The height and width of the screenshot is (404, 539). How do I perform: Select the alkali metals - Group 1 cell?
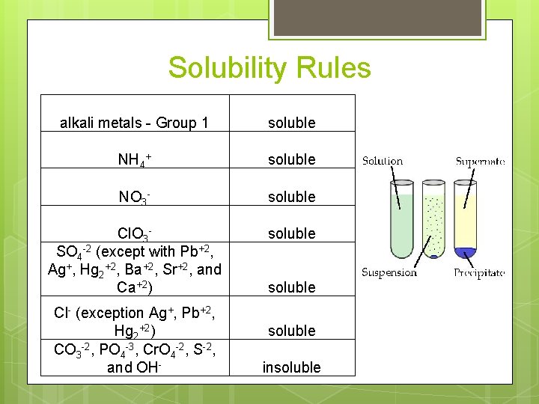coord(134,123)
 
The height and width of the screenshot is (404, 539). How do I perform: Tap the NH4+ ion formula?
coord(134,159)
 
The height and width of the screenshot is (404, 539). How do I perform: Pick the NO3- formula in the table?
coord(134,197)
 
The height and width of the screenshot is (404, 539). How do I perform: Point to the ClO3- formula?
coord(134,233)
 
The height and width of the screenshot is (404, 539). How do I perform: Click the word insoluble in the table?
coord(291,367)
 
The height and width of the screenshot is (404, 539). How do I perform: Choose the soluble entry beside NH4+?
coord(291,159)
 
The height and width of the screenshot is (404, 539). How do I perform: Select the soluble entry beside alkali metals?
coord(291,123)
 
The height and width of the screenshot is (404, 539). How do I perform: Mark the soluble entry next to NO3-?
coord(291,197)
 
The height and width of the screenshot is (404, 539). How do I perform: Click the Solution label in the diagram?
coord(383,161)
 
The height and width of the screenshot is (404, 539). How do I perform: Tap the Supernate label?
coord(480,161)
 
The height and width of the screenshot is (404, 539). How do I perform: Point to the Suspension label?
coord(389,272)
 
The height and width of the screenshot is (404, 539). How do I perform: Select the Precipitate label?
coord(479,273)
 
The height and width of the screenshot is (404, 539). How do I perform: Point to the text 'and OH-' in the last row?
coord(134,367)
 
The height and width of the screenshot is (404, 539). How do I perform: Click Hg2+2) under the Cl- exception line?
coord(134,330)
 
